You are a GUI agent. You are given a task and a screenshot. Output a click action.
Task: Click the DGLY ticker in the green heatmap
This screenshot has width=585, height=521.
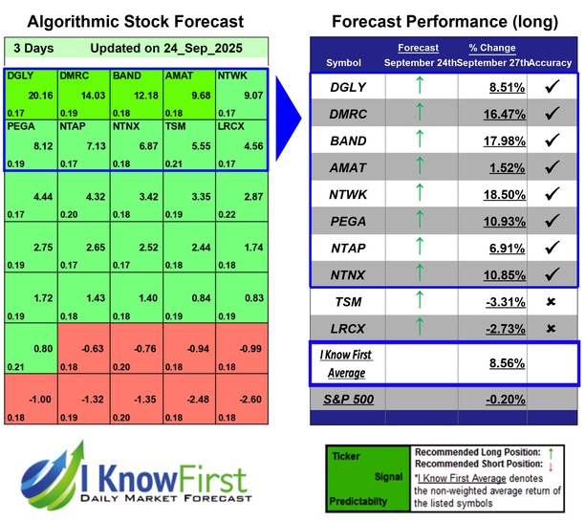coord(20,74)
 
